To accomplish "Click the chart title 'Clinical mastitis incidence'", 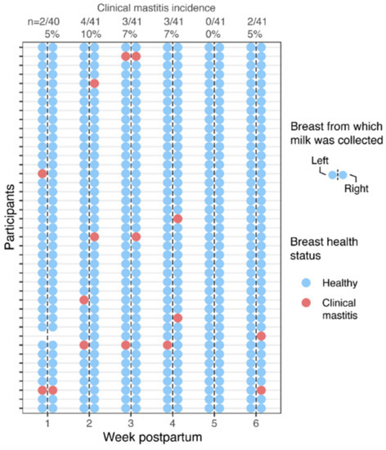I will click(x=150, y=8).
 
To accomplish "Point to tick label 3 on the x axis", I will click(x=130, y=424).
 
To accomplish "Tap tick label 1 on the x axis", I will click(x=47, y=424).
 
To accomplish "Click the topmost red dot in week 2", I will click(x=94, y=83).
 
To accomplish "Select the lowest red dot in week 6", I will click(x=261, y=390).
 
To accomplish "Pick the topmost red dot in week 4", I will click(x=177, y=218).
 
